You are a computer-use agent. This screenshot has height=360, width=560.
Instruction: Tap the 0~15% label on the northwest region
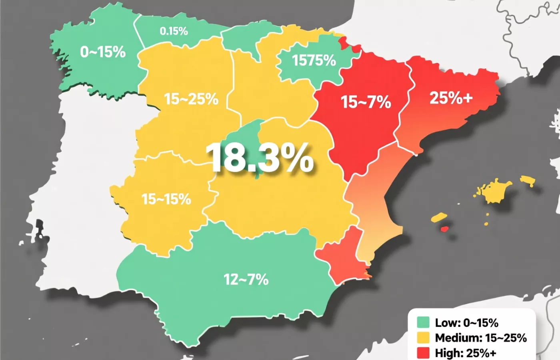pyautogui.click(x=103, y=52)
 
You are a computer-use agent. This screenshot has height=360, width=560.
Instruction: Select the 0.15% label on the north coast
pyautogui.click(x=174, y=31)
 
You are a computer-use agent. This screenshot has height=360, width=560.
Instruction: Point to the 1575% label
pyautogui.click(x=314, y=60)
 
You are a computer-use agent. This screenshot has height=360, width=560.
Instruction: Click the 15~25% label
pyautogui.click(x=191, y=99)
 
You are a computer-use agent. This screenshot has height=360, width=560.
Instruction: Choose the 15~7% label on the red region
pyautogui.click(x=366, y=102)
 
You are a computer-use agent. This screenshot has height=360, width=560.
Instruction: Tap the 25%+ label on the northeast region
pyautogui.click(x=451, y=98)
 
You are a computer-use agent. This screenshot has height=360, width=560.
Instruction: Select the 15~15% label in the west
pyautogui.click(x=166, y=199)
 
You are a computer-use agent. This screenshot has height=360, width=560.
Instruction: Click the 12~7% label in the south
pyautogui.click(x=246, y=279)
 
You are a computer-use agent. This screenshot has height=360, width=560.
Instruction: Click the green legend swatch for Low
pyautogui.click(x=423, y=322)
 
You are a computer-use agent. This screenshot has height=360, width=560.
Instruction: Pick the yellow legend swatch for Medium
pyautogui.click(x=423, y=338)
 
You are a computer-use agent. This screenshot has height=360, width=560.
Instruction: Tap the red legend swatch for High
pyautogui.click(x=423, y=353)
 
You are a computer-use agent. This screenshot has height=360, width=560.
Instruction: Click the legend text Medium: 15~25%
pyautogui.click(x=481, y=338)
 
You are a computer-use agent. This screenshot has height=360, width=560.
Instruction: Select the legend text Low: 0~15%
pyautogui.click(x=466, y=322)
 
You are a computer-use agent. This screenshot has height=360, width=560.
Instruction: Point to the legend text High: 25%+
pyautogui.click(x=466, y=353)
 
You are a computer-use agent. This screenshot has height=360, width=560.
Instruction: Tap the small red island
pyautogui.click(x=444, y=229)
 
